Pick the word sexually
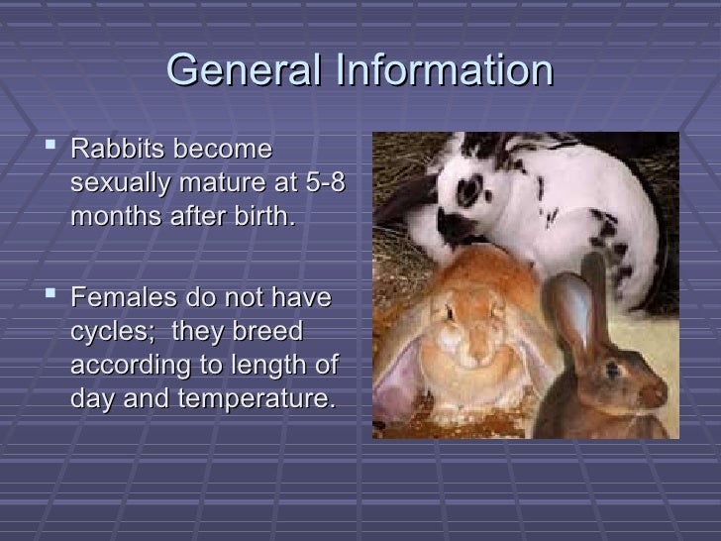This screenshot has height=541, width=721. [x=127, y=184]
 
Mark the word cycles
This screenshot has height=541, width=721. [x=112, y=332]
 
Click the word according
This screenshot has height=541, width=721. [x=128, y=366]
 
